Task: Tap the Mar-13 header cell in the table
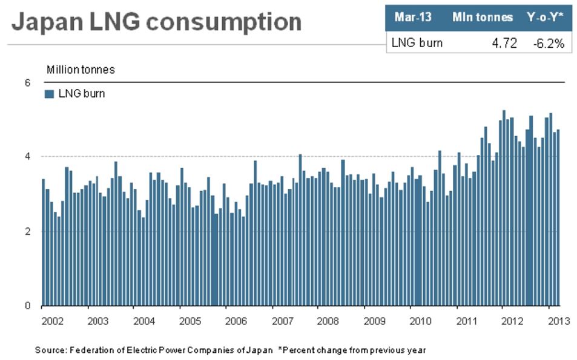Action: [413, 17]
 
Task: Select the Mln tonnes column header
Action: [482, 17]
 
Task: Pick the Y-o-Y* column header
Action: [546, 17]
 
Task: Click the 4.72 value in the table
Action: [504, 42]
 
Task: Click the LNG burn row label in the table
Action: [417, 42]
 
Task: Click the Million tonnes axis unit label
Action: [81, 70]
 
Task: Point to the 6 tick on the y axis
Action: [27, 82]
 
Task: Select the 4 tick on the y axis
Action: [27, 156]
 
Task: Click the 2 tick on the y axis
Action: [27, 231]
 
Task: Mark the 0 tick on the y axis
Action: [27, 306]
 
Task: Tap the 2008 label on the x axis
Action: [328, 321]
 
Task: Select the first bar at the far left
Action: [43, 242]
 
